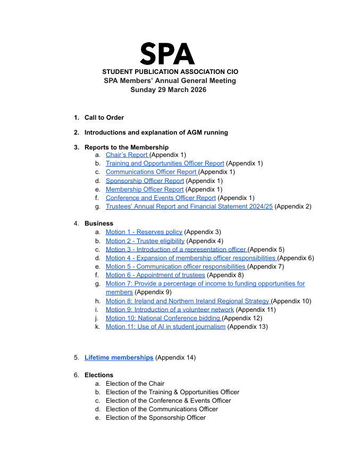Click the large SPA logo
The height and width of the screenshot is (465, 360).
(x=167, y=54)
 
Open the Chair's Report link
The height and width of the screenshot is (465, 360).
(x=127, y=155)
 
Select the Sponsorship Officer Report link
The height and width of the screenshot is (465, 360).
(x=145, y=180)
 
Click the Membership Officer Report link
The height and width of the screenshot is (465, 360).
(x=145, y=189)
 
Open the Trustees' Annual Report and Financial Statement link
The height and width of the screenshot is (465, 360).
(x=189, y=206)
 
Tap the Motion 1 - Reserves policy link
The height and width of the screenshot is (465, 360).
(x=144, y=232)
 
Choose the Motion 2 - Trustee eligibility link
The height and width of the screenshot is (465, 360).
(x=145, y=240)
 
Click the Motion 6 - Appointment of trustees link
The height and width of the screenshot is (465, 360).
(x=155, y=275)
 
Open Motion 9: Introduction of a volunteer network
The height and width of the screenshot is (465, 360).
(x=170, y=309)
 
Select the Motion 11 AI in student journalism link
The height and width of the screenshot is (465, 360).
(x=165, y=327)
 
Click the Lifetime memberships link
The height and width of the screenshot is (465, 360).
(x=119, y=358)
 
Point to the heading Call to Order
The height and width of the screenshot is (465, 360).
(x=104, y=118)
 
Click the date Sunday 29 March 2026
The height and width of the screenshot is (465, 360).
(x=169, y=89)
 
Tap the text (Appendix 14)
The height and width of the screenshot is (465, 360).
(x=175, y=358)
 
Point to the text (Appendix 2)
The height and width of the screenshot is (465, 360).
(x=293, y=206)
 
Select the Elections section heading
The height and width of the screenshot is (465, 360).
(x=99, y=375)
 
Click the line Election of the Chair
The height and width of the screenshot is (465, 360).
(x=135, y=384)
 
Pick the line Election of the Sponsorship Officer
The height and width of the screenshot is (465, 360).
(x=156, y=418)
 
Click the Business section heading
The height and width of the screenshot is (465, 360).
(x=99, y=223)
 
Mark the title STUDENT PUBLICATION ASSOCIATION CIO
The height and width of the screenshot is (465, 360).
(x=170, y=72)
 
